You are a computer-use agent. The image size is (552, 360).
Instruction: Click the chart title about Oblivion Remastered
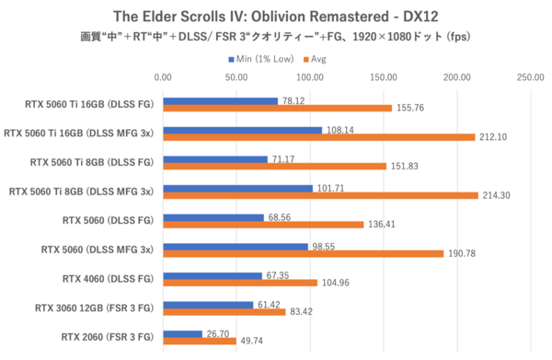[275, 16]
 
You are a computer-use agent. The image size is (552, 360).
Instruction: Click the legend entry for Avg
[316, 58]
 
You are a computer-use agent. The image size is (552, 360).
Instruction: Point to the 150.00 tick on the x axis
[384, 77]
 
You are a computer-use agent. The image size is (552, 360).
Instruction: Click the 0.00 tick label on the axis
[164, 77]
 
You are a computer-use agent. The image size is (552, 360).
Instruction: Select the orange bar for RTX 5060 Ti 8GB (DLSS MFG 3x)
[320, 195]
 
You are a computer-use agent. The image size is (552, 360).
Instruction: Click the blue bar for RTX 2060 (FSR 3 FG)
[183, 334]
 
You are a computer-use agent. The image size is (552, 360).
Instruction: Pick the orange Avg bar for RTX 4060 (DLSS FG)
[240, 283]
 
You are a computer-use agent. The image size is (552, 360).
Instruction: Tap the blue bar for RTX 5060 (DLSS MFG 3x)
[236, 247]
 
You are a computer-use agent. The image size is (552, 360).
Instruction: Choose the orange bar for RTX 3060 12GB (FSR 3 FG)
[224, 312]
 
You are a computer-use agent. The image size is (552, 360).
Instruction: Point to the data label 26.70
[217, 334]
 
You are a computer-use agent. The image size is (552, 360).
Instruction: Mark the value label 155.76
[410, 108]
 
